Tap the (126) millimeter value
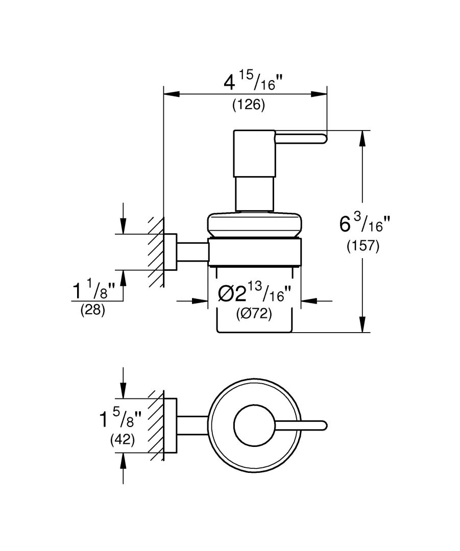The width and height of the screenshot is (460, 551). [x=248, y=105]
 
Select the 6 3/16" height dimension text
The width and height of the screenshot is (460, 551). [x=365, y=223]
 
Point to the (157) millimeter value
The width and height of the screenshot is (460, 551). [x=363, y=246]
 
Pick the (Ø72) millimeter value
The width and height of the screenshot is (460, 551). [x=254, y=314]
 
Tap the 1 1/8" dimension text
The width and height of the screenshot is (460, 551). [x=93, y=290]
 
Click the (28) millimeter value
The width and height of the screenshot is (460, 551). [x=93, y=310]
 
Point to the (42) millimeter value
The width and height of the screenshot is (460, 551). [x=123, y=440]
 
